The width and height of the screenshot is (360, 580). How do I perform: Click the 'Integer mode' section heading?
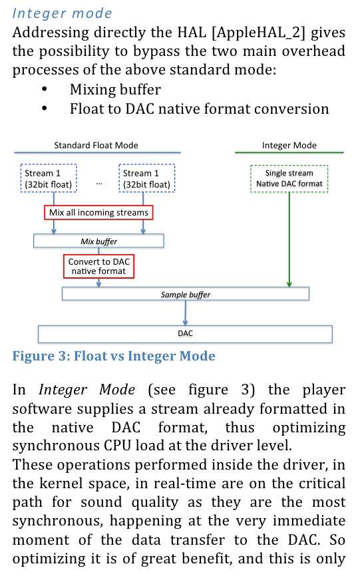pos(62,13)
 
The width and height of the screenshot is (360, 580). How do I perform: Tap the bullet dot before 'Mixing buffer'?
pos(45,88)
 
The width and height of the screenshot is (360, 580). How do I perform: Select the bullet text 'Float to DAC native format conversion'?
pos(200,109)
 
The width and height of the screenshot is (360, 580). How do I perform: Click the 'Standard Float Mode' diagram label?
pos(96,146)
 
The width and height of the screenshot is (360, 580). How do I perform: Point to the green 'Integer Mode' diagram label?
pos(289,146)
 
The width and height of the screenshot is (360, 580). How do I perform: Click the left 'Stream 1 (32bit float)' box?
pos(49,178)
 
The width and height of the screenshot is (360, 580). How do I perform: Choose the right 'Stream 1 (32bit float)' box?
pos(147,178)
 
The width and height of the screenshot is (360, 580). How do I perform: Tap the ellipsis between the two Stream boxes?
pos(99,184)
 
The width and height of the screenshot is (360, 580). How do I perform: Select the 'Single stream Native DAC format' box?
pos(289,179)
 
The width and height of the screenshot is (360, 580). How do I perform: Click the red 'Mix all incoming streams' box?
pos(98,213)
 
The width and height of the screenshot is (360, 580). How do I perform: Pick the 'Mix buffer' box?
pos(98,241)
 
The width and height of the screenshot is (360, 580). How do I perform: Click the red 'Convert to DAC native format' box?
pos(98,266)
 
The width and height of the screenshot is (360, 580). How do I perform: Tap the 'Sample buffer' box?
pos(186,294)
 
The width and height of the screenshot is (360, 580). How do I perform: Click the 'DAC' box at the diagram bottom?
pos(186,334)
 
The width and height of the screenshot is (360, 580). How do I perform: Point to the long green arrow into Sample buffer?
pos(289,239)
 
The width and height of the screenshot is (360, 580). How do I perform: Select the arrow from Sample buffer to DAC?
pos(186,313)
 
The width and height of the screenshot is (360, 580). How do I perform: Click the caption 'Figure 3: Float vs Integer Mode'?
pos(114,356)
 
